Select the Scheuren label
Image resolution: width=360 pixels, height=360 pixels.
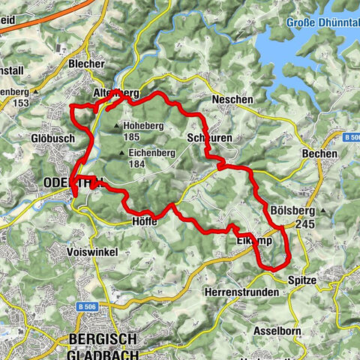pyautogui.click(x=203, y=139)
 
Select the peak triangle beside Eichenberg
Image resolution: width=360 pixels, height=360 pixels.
pyautogui.click(x=121, y=154)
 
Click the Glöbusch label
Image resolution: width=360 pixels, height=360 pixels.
pyautogui.click(x=52, y=138)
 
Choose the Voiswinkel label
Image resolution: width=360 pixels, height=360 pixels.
pyautogui.click(x=91, y=252)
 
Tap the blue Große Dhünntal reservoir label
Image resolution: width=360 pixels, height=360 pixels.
pyautogui.click(x=322, y=22)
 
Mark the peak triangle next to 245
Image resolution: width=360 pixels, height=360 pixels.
pyautogui.click(x=323, y=212)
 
